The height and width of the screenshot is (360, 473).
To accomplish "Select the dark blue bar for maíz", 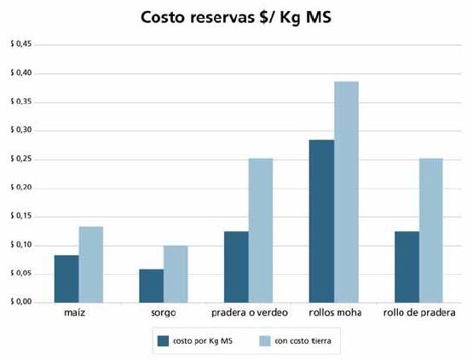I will [66, 279].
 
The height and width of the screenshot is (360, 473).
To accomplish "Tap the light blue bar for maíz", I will [90, 264].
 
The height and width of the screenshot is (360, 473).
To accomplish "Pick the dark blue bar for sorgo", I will [152, 286].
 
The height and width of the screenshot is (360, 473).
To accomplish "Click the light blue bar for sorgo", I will [176, 274].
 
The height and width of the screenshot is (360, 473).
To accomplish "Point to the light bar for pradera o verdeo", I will [261, 230].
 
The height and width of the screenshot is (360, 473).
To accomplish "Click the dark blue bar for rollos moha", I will [322, 221].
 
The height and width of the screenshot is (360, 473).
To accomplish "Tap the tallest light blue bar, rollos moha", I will [346, 192].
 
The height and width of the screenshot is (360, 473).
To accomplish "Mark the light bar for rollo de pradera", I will [431, 230].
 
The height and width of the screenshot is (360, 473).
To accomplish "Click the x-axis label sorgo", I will [164, 313].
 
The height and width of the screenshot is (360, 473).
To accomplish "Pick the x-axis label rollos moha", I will [335, 313].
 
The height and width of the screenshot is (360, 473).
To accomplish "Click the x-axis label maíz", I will [78, 313].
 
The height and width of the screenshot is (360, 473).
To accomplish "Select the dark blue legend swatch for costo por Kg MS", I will [163, 340].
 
